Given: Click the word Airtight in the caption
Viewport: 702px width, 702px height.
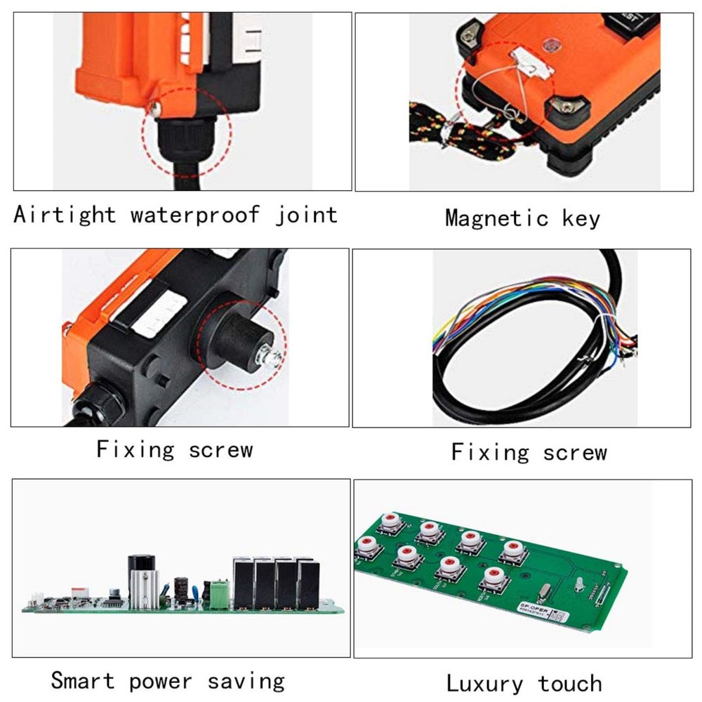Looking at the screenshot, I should [65, 214].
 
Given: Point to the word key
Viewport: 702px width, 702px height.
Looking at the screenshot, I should [581, 218].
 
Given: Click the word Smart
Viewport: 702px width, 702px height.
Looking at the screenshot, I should [82, 680].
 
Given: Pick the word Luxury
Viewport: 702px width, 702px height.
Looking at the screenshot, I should [484, 683].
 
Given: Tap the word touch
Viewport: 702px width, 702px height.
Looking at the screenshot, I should [570, 682].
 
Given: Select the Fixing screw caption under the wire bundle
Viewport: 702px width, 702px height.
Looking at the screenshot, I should [529, 452].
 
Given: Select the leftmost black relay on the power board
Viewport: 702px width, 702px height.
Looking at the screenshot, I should [242, 583].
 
